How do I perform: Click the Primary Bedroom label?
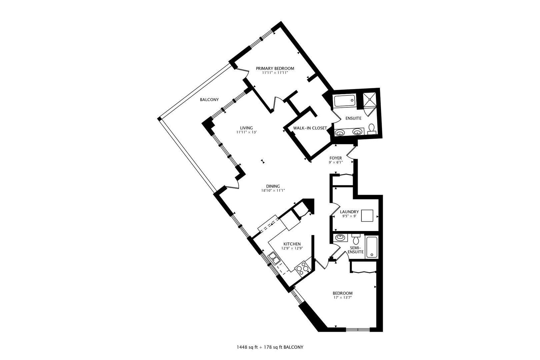[275, 68]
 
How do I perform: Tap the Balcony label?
[209, 100]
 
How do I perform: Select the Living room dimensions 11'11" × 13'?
[246, 132]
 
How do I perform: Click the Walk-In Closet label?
[310, 128]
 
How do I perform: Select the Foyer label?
[335, 158]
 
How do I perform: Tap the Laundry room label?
[349, 212]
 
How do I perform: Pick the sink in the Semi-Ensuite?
[340, 238]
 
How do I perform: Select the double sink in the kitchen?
[275, 258]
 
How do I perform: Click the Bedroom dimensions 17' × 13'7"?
[343, 298]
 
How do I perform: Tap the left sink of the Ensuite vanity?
[340, 133]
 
